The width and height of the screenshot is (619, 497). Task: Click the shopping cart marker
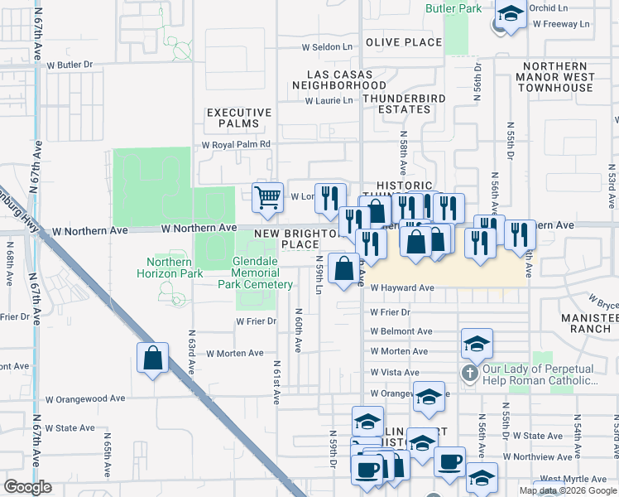[267, 197]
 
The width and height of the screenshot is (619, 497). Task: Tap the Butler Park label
[453, 8]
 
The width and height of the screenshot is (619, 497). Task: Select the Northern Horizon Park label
[169, 268]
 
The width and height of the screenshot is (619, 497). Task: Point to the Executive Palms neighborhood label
[239, 118]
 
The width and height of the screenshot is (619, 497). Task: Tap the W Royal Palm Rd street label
[237, 144]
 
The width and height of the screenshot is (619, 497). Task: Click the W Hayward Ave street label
[402, 288]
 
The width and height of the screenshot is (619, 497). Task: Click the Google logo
[27, 487]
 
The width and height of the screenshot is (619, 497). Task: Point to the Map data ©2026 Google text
[567, 490]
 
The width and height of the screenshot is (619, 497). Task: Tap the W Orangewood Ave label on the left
[85, 398]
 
